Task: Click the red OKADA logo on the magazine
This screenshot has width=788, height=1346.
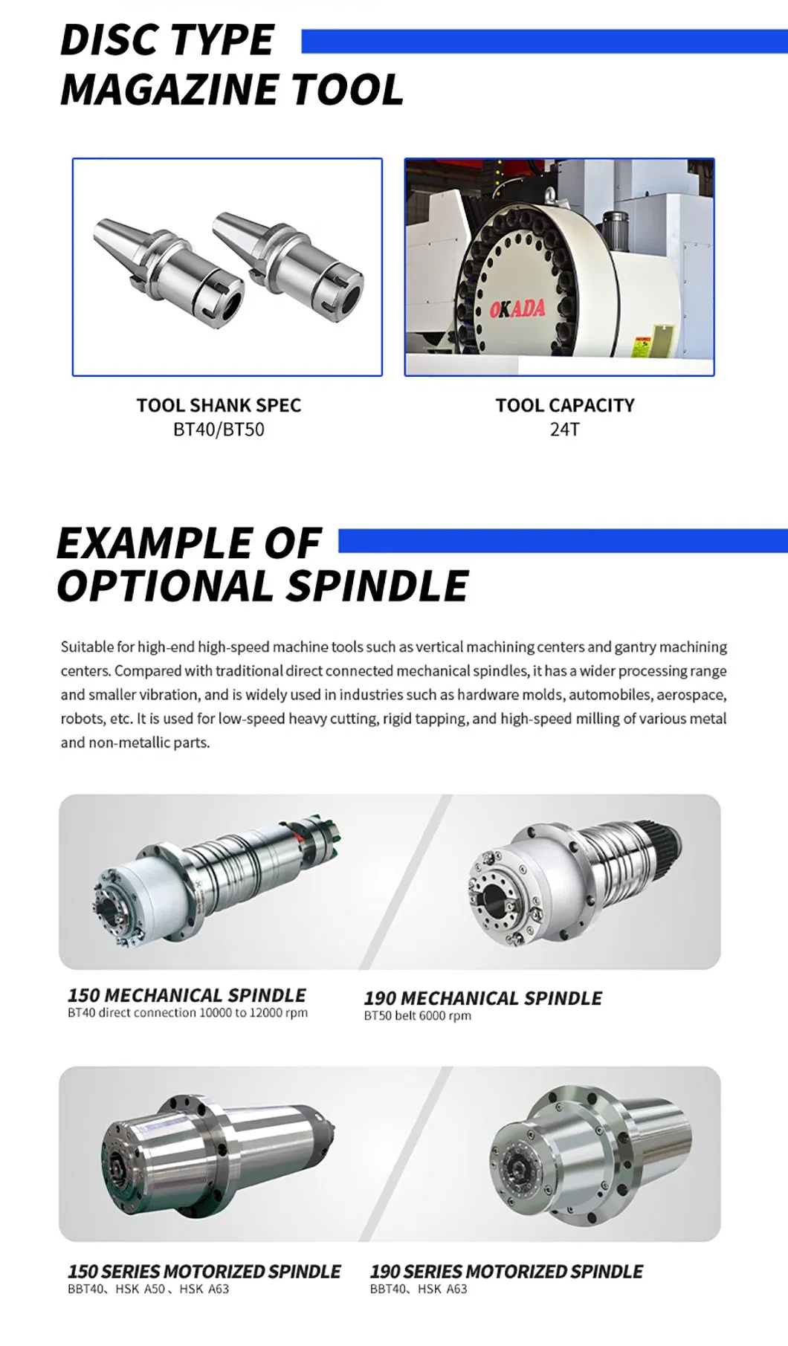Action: coord(517,308)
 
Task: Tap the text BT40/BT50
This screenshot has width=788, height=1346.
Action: coord(219,430)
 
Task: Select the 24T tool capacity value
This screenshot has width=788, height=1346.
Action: coord(565,430)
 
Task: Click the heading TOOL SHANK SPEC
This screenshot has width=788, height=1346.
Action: coord(219,405)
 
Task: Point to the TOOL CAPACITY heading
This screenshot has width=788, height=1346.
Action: coord(565,405)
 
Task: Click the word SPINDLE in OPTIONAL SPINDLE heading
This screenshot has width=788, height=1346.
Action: coord(377,586)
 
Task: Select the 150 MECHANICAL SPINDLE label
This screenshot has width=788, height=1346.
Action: coord(187,995)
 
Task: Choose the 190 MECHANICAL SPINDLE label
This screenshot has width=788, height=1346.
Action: coord(483,998)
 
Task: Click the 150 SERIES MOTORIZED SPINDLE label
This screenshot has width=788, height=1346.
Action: coord(204,1272)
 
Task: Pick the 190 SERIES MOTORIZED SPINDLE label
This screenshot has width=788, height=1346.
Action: coord(506,1272)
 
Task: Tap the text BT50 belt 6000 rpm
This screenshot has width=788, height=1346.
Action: coord(418,1016)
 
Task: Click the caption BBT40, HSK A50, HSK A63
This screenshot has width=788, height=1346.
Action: coord(149,1290)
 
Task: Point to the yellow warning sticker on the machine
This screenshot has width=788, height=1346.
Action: coord(641,346)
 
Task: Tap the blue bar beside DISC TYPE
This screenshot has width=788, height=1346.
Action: coord(544,42)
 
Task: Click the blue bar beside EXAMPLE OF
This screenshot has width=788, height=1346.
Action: coord(563,541)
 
